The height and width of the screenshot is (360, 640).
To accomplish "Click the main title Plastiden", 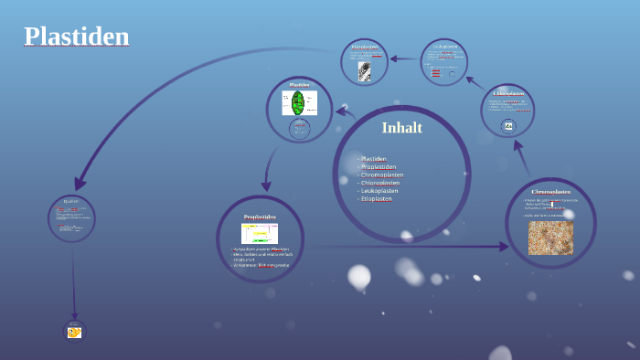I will pyautogui.click(x=76, y=37).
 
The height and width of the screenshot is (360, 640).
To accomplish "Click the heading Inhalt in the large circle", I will pyautogui.click(x=401, y=128).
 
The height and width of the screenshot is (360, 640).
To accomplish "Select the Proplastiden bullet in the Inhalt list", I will pyautogui.click(x=379, y=167).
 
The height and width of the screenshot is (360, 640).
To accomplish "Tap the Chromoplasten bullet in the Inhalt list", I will pyautogui.click(x=381, y=175).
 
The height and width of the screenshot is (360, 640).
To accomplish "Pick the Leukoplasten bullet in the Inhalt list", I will pyautogui.click(x=379, y=190).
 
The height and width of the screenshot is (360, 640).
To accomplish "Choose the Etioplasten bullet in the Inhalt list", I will pyautogui.click(x=376, y=198).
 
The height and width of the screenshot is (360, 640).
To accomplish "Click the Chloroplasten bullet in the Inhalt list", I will pyautogui.click(x=380, y=183).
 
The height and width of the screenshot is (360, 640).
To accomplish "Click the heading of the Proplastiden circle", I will pyautogui.click(x=260, y=217).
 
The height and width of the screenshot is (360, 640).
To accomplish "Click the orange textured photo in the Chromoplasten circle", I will pyautogui.click(x=550, y=238).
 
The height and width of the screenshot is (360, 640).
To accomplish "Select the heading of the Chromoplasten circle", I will pyautogui.click(x=550, y=192).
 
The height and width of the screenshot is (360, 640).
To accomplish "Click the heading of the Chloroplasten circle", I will pyautogui.click(x=508, y=93).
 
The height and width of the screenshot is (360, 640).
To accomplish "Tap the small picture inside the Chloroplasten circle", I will pyautogui.click(x=508, y=126).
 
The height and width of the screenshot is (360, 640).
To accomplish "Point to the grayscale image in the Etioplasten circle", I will pyautogui.click(x=364, y=71).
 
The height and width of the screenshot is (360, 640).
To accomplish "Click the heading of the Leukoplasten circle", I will pyautogui.click(x=445, y=47).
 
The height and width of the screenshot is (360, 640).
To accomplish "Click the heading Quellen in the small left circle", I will pyautogui.click(x=71, y=201).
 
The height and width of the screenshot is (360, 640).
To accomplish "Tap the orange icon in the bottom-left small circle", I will pyautogui.click(x=74, y=333).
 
